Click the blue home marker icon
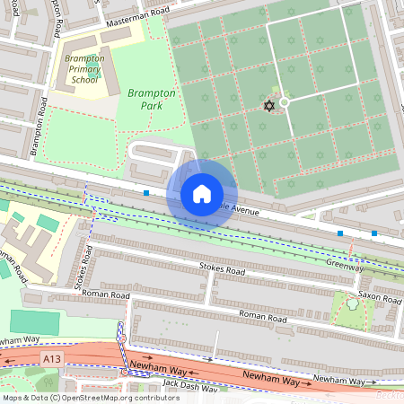click(x=202, y=193)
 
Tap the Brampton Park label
click(x=150, y=98)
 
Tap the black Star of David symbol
click(x=268, y=106)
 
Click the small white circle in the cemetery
click(x=285, y=102)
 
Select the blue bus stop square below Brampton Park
click(x=146, y=192)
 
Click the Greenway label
click(x=345, y=265)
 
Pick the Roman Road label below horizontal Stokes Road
click(x=263, y=318)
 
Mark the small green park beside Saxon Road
click(x=351, y=308)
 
